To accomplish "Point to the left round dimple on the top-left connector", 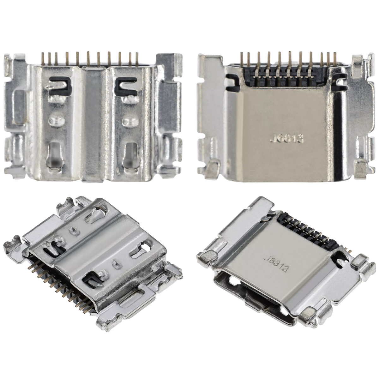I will tap(54, 121).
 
